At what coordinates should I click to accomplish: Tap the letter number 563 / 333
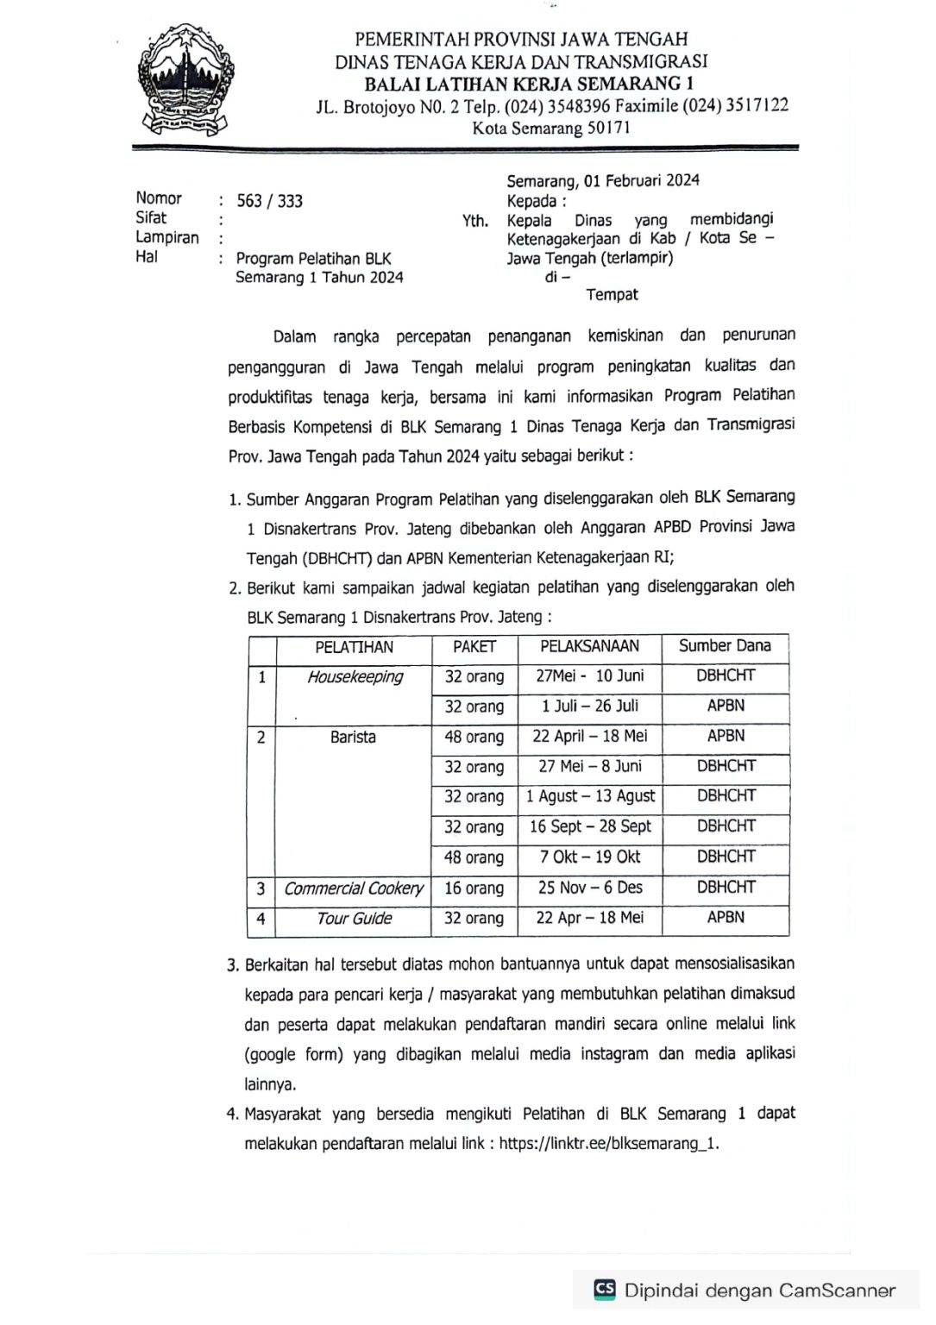pos(269,201)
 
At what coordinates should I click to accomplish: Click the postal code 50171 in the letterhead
pos(609,128)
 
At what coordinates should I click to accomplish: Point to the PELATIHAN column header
pos(354,647)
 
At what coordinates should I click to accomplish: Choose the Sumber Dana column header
pos(725,646)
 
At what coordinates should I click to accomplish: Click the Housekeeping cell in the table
pos(355,677)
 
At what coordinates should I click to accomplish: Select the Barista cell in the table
pos(353,738)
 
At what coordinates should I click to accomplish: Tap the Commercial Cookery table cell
pos(354,889)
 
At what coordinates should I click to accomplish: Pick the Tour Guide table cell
pos(354,919)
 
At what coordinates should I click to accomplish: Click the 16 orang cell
pos(474,889)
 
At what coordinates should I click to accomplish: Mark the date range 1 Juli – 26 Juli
pos(590,706)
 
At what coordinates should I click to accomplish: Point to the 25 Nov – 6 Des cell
pos(590,888)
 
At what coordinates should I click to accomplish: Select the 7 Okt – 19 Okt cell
pos(590,857)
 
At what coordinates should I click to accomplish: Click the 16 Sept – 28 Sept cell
pos(590,826)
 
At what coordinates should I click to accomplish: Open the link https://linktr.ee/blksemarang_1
pos(608,1144)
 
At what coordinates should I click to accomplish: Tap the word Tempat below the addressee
pos(612,295)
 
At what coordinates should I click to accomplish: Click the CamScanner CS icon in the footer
pos(605,1290)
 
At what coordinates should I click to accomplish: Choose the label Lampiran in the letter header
pos(167,238)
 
